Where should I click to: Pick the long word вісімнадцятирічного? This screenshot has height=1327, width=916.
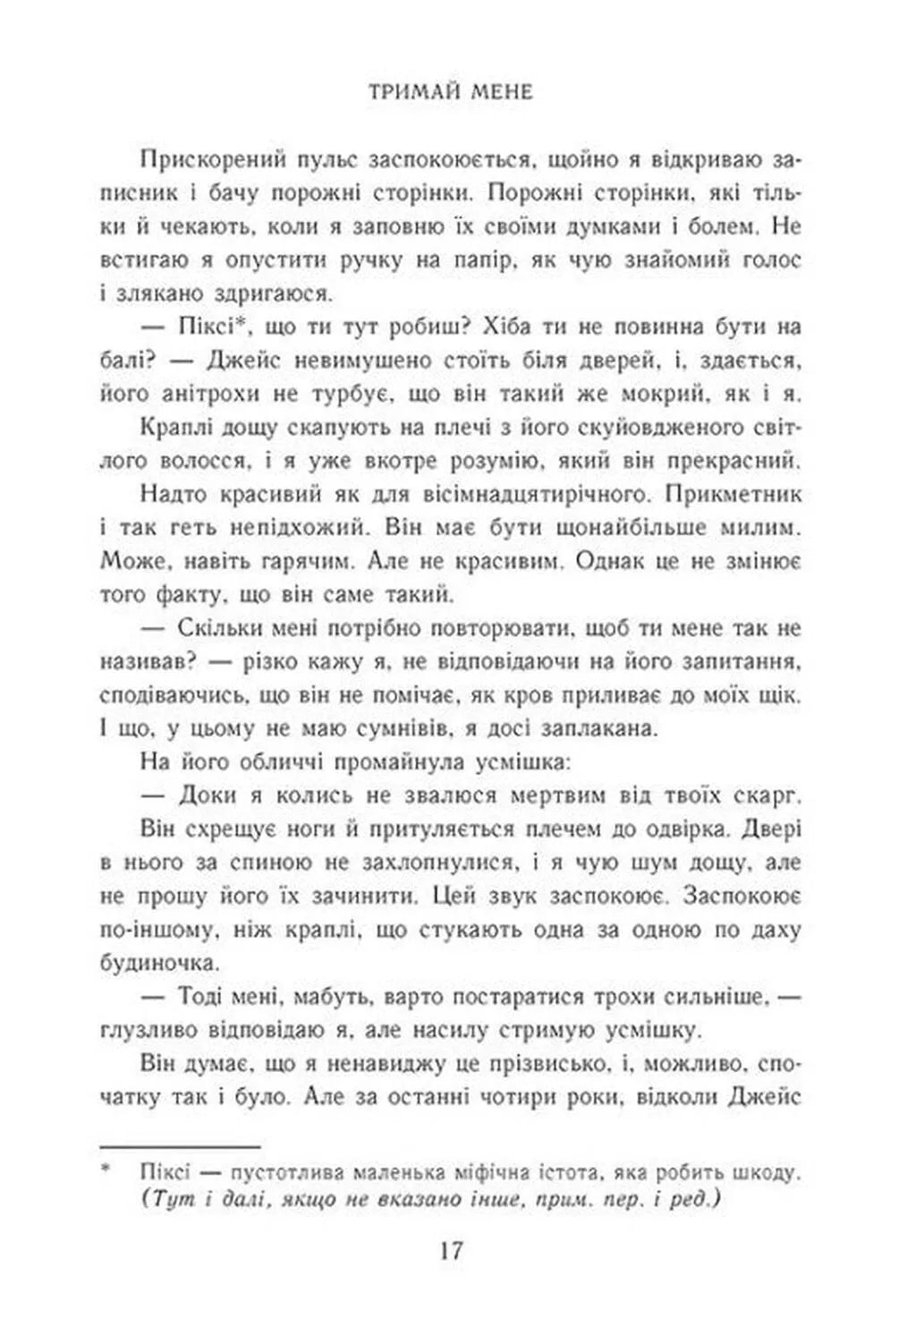[x=500, y=495]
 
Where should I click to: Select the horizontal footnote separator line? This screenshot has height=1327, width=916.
[x=179, y=1145]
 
